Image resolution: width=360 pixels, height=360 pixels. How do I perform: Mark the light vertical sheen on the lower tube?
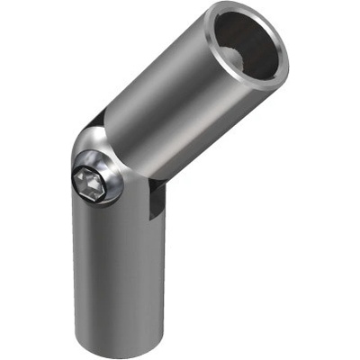click(99, 270)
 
